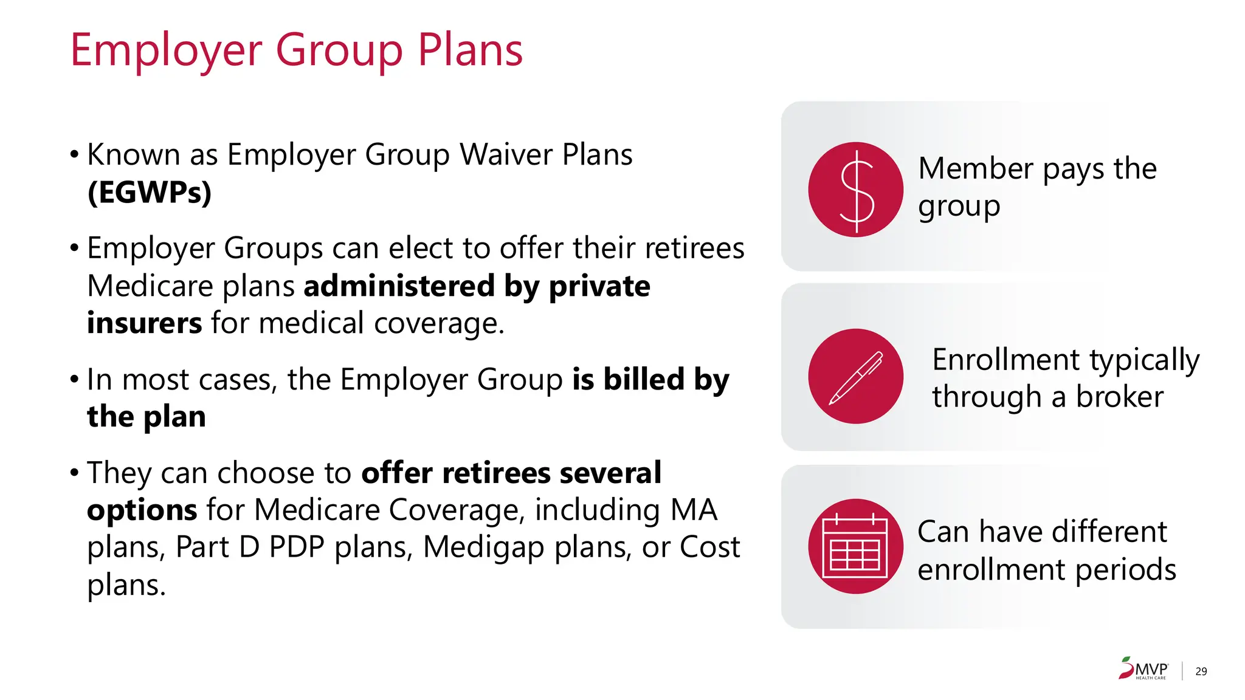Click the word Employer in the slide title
click(166, 51)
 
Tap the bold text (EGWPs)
click(150, 193)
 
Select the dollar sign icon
click(856, 190)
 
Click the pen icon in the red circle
click(856, 376)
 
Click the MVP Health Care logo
click(1143, 668)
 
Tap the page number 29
click(1201, 671)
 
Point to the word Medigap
click(484, 547)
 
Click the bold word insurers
click(144, 323)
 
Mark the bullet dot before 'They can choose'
click(74, 473)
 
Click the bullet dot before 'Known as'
click(74, 154)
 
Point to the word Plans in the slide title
click(470, 51)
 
